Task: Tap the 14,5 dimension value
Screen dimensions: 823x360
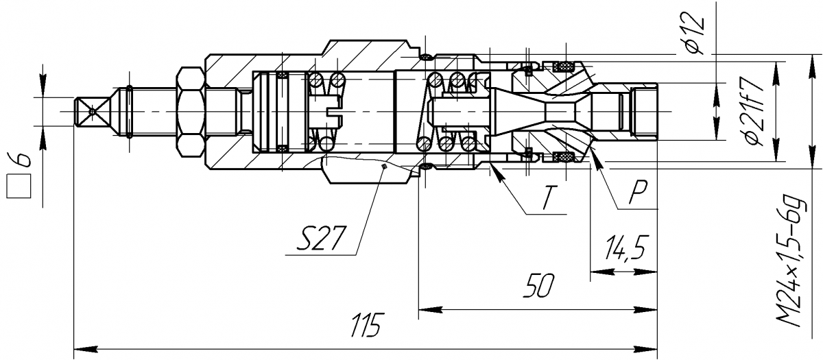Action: pos(625,248)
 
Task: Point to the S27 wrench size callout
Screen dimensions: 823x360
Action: pos(322,238)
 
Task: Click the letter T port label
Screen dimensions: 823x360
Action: pos(550,197)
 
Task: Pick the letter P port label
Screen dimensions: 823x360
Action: pos(639,192)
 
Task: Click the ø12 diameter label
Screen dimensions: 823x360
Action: pos(695,33)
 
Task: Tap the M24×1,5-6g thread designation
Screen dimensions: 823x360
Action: pos(791,262)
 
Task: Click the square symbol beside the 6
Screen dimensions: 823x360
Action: pos(19,187)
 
